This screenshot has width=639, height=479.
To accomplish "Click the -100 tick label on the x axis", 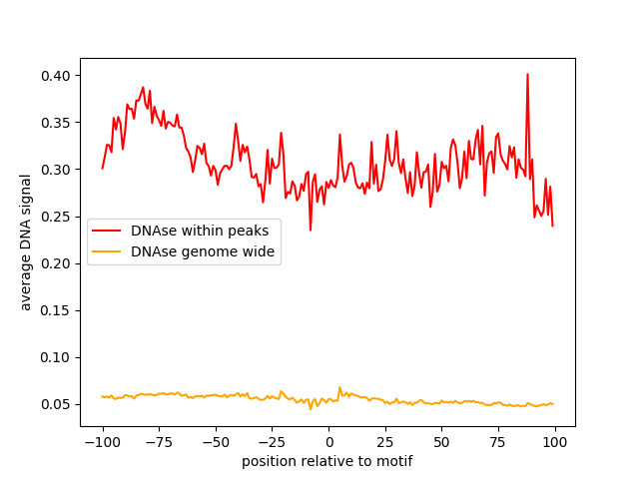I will click(102, 442).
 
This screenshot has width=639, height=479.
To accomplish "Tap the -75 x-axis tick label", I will click(159, 442).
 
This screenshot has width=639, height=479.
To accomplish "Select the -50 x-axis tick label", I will click(215, 442).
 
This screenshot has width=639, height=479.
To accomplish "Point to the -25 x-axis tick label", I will click(272, 442).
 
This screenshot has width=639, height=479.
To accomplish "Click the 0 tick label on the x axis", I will click(327, 442).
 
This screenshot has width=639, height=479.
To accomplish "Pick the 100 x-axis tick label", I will click(553, 442).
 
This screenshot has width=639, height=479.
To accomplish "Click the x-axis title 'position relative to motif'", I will click(327, 461).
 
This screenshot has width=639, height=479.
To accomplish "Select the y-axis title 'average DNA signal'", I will click(26, 242).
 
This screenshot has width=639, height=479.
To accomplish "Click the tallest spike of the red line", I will click(527, 74).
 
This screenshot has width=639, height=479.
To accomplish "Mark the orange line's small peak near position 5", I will click(339, 387).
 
